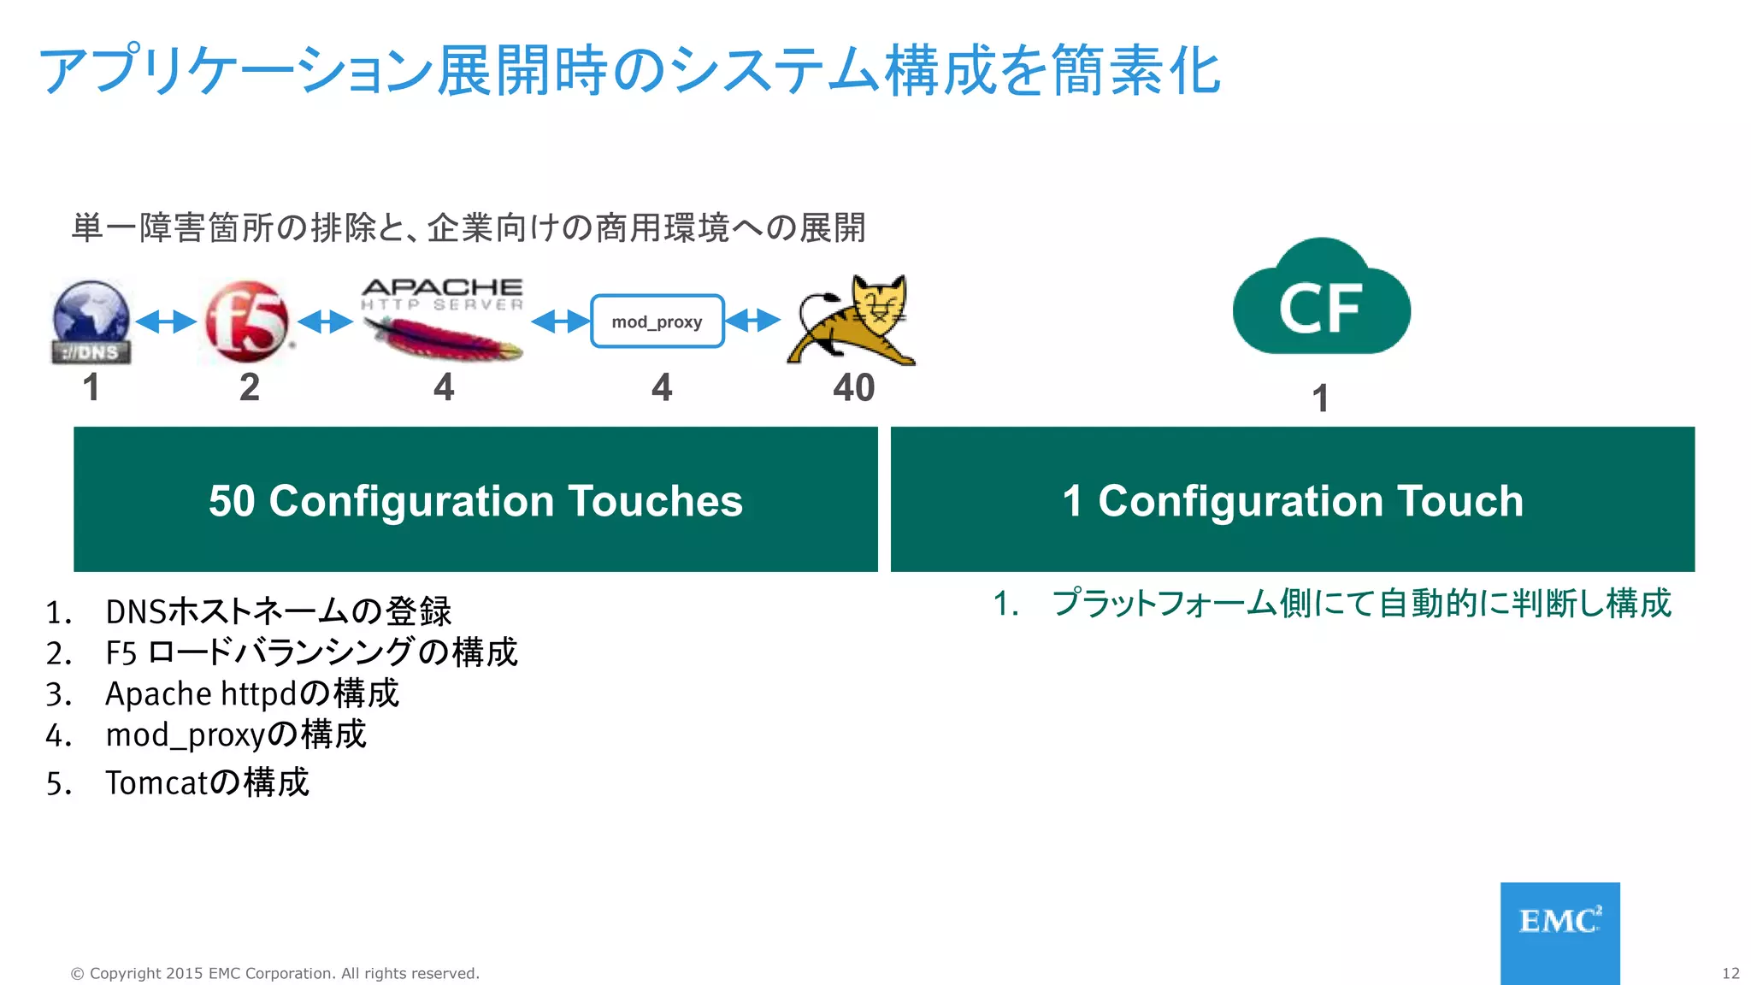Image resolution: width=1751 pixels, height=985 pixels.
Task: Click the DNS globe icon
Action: click(x=91, y=321)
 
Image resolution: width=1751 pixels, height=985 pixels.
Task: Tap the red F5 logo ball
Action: click(x=246, y=321)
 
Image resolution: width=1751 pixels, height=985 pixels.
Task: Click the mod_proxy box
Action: click(x=657, y=321)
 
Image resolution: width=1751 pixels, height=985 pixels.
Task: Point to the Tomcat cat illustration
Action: click(x=852, y=321)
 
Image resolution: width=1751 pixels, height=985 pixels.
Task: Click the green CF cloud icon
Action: click(x=1321, y=299)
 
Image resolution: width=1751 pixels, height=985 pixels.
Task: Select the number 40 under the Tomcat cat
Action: click(x=853, y=387)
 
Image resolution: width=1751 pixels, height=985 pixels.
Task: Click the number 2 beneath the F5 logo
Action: click(x=249, y=387)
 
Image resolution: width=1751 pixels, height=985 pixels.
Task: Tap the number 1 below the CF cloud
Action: click(x=1320, y=398)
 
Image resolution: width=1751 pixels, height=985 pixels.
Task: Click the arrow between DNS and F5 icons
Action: click(x=166, y=321)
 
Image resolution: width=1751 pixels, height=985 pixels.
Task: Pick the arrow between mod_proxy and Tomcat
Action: click(x=752, y=321)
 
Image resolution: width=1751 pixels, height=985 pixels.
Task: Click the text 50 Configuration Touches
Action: click(x=475, y=500)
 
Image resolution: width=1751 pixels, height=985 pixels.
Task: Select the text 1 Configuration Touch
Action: click(x=1293, y=500)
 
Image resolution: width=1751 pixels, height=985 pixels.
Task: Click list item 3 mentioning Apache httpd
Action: click(x=251, y=693)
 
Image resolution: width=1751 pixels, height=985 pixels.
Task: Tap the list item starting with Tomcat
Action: click(x=206, y=782)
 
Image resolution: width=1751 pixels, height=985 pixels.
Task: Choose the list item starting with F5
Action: click(x=310, y=652)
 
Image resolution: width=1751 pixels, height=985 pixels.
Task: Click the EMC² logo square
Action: click(x=1559, y=932)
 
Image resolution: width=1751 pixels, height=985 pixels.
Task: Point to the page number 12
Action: click(x=1730, y=973)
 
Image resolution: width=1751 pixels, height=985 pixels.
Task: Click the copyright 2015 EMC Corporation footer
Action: click(x=274, y=973)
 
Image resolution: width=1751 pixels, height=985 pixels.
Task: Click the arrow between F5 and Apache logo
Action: click(x=325, y=321)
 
